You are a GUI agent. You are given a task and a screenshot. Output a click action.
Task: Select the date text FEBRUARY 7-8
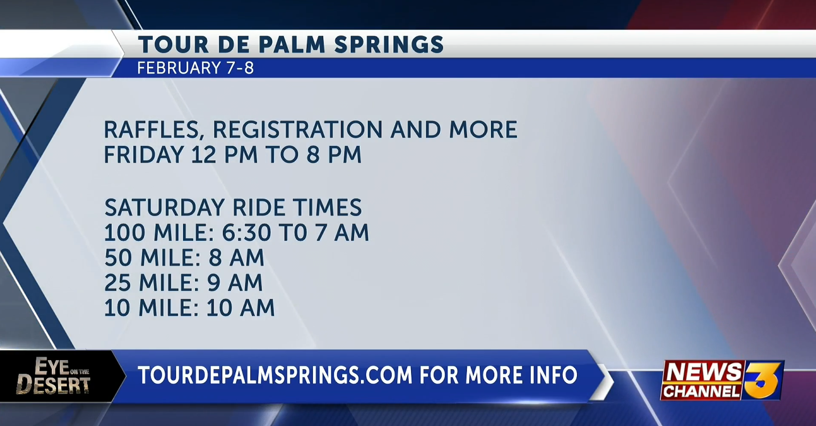[x=195, y=68]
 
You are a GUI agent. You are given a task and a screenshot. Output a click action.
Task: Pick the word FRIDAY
[x=144, y=154]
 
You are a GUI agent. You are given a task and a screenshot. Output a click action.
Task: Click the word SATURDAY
[x=165, y=207]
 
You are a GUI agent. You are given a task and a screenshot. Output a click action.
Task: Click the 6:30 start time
[x=246, y=233]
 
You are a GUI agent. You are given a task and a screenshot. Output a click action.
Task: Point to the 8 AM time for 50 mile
[x=237, y=258]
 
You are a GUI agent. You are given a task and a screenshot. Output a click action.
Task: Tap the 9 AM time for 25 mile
[x=235, y=283]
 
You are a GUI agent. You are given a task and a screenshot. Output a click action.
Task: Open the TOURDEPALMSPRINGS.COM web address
[x=275, y=375]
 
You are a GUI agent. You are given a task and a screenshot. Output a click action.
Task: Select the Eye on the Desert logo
[x=53, y=376]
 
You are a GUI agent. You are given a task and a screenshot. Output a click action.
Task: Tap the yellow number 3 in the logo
[x=763, y=379]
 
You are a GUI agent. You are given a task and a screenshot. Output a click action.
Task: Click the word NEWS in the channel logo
[x=703, y=372]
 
